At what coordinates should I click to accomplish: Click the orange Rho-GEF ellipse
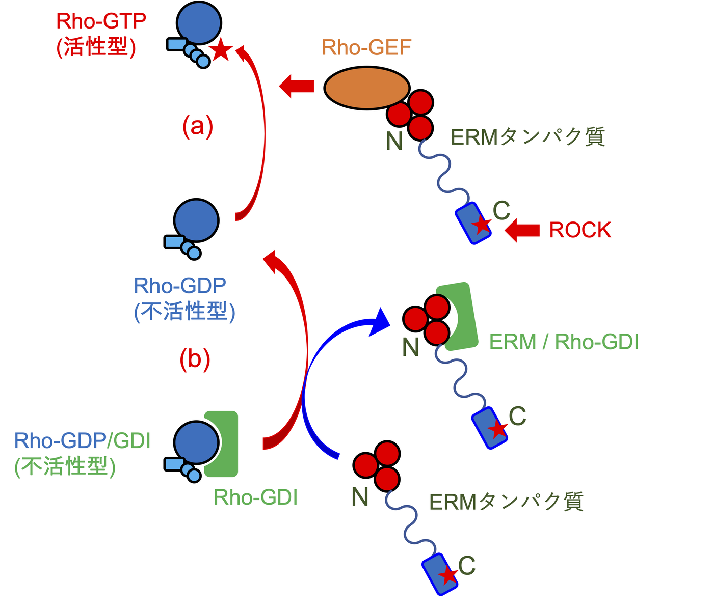(x=366, y=88)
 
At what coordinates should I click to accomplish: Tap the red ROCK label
(x=579, y=230)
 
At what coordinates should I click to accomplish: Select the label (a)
(x=197, y=126)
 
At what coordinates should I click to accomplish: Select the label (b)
(x=195, y=359)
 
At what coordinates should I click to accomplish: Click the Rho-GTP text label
(x=101, y=21)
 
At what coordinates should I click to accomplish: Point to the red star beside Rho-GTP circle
(x=221, y=50)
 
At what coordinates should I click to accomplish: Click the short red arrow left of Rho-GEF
(x=297, y=86)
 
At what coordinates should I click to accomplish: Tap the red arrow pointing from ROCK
(x=522, y=230)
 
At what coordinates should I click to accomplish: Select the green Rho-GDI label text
(x=255, y=497)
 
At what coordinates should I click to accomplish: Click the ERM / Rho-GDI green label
(x=564, y=342)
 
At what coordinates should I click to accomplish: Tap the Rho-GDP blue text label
(x=180, y=286)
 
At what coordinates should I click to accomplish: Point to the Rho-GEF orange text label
(x=366, y=48)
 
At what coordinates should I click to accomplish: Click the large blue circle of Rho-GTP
(x=199, y=23)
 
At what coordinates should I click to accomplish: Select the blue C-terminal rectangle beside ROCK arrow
(x=473, y=223)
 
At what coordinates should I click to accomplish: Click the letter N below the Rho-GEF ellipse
(x=394, y=141)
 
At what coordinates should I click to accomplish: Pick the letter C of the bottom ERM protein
(x=466, y=565)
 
